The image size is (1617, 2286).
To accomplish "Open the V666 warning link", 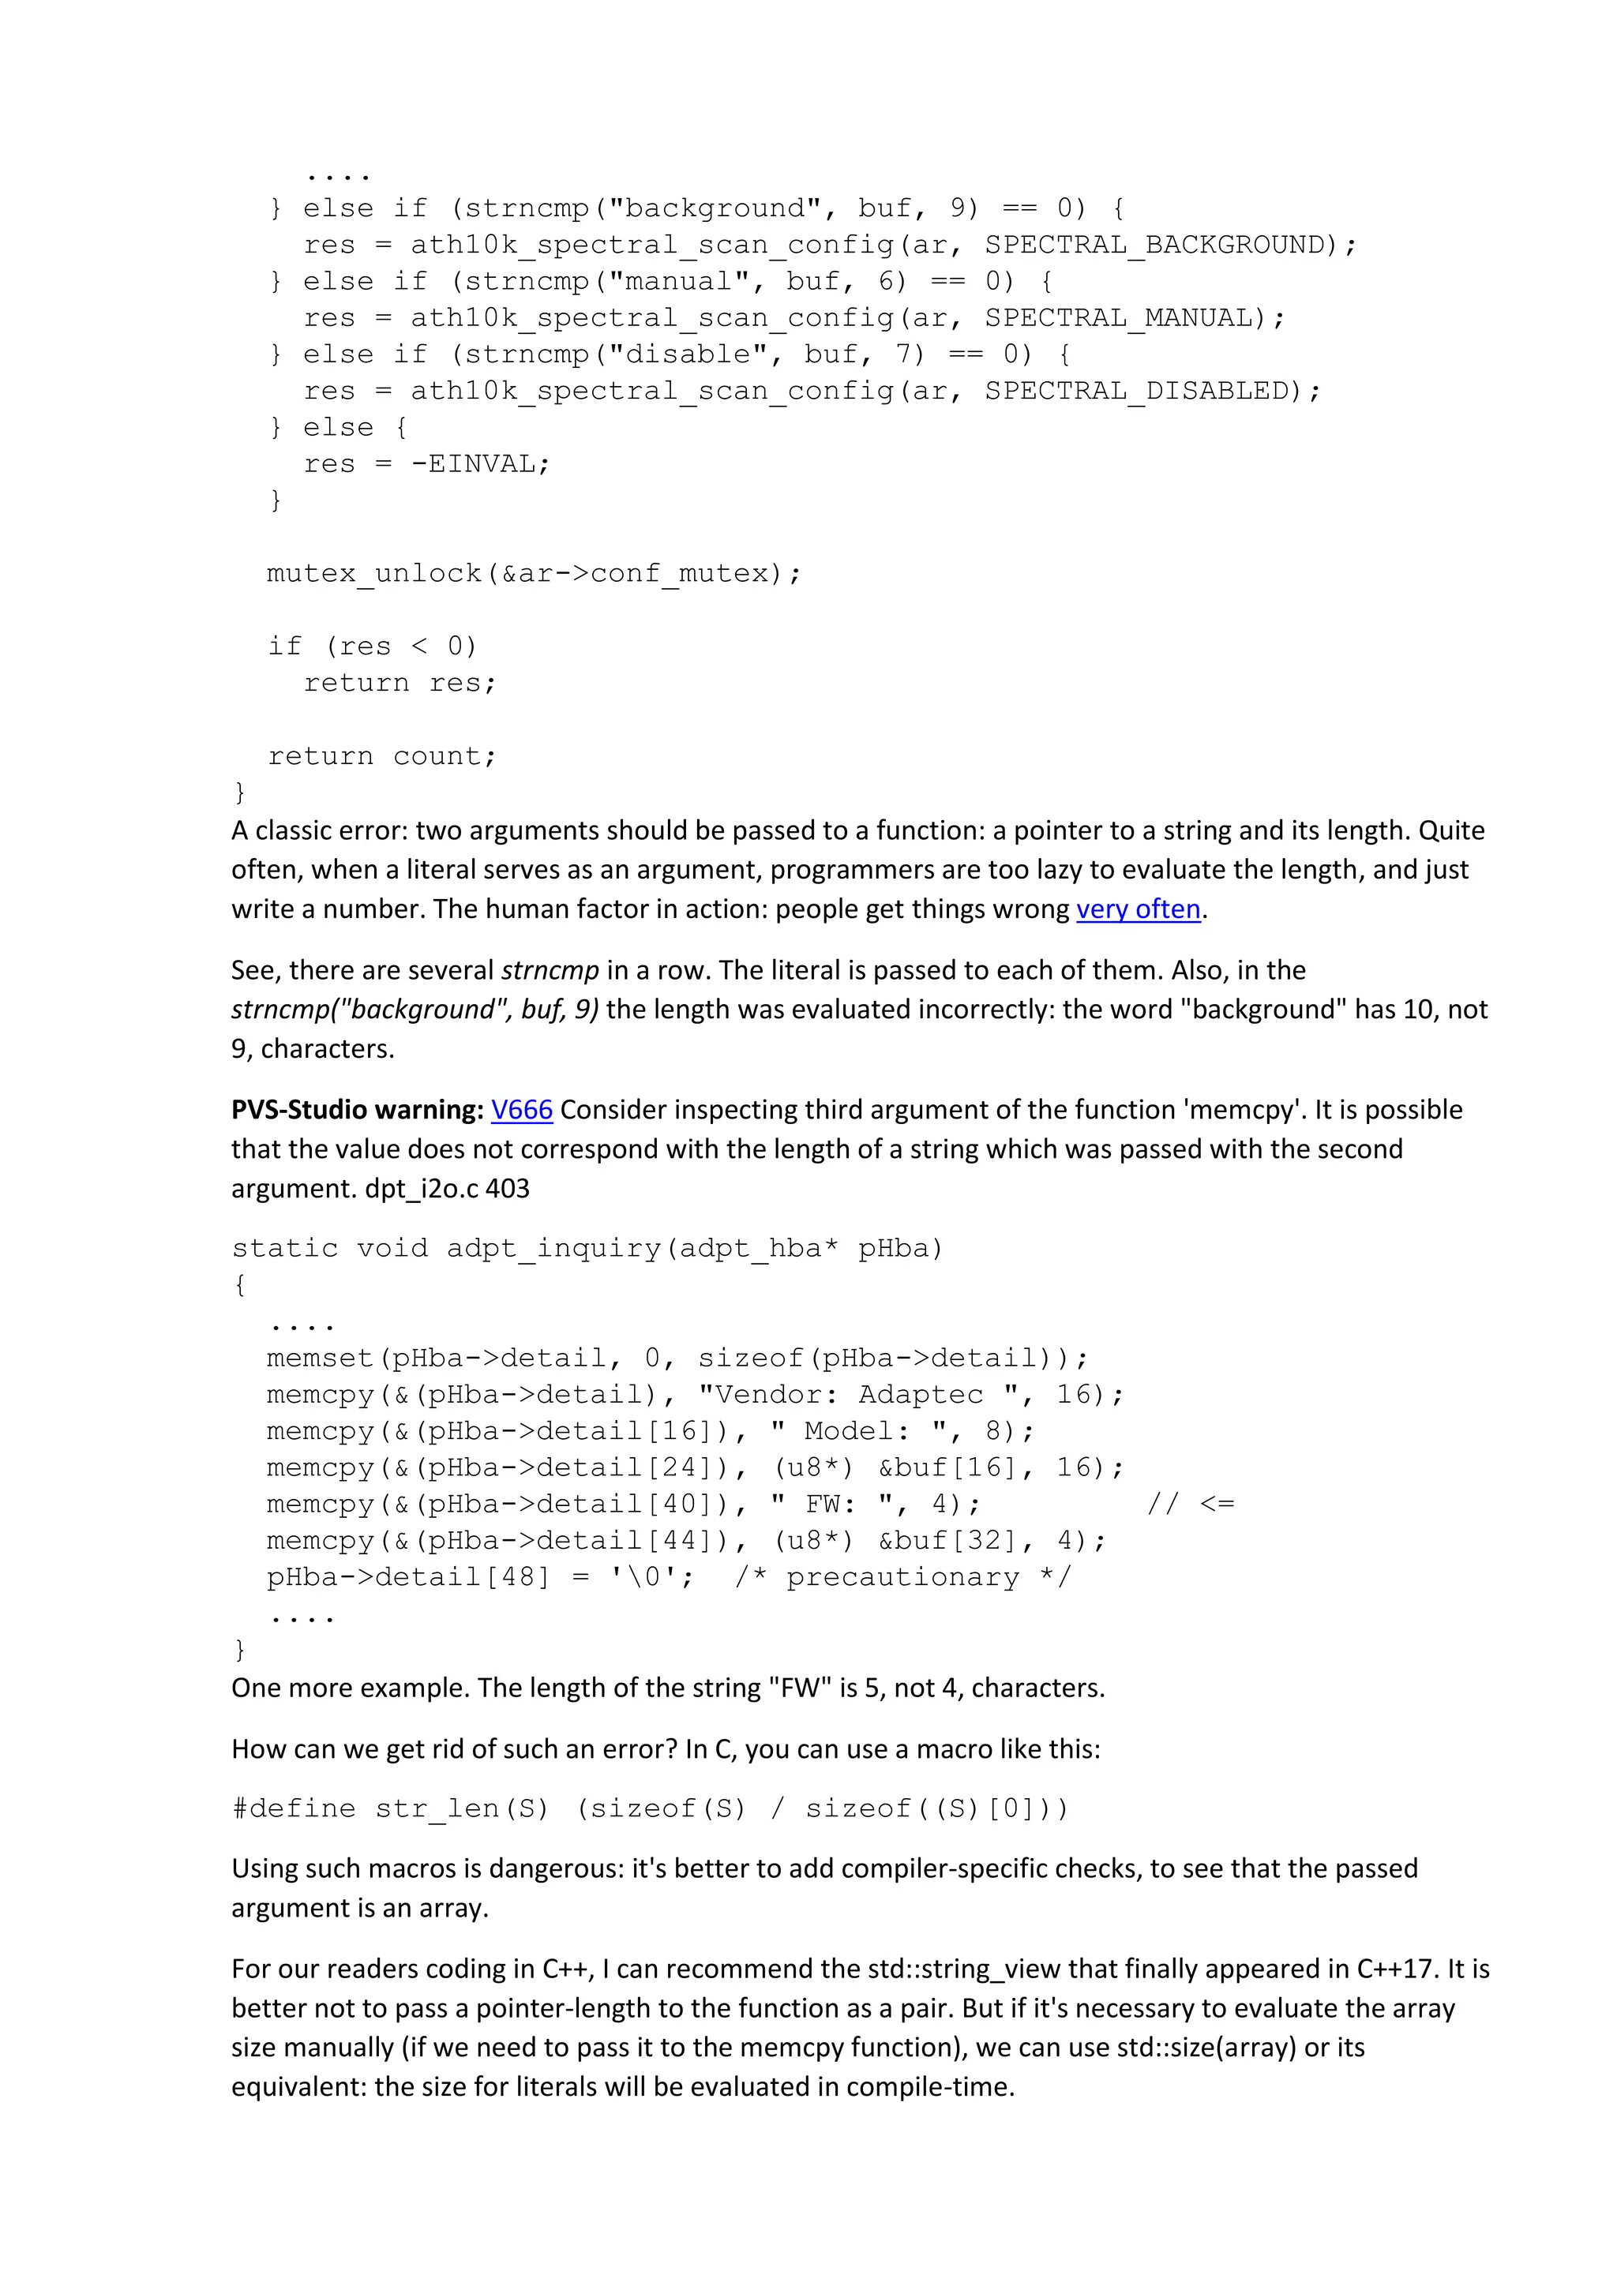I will click(x=522, y=1109).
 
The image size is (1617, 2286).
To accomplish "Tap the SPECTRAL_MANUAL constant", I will click(x=1124, y=317).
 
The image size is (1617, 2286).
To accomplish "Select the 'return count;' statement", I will click(x=381, y=755).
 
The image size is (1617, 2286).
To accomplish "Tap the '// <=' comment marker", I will click(x=1191, y=1504).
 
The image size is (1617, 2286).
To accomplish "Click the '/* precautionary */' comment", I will click(x=903, y=1577).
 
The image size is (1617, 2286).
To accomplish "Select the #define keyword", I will click(x=294, y=1808).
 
